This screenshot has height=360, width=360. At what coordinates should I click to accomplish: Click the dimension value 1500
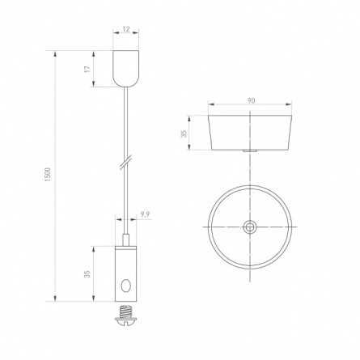[x=48, y=175]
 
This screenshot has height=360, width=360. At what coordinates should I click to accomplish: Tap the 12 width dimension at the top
[x=126, y=29]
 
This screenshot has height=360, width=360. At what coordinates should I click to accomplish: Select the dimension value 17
[x=87, y=69]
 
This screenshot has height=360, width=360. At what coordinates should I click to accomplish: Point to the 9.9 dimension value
[x=145, y=214]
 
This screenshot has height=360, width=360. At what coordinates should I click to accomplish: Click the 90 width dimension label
[x=251, y=101]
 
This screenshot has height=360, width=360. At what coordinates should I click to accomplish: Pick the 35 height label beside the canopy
[x=184, y=133]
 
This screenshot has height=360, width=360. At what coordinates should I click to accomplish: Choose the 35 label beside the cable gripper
[x=87, y=274]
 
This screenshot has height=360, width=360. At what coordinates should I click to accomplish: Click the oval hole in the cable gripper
[x=125, y=286]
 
